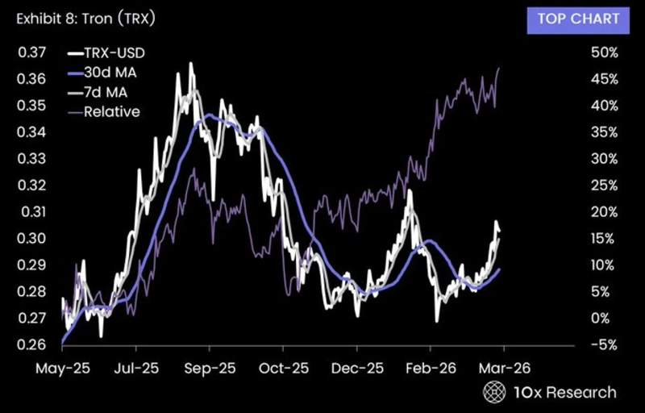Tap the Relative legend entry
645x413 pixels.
pyautogui.click(x=110, y=111)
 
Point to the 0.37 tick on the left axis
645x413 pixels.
pyautogui.click(x=30, y=53)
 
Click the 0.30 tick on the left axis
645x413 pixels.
pyautogui.click(x=30, y=239)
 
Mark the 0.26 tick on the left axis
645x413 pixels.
pyautogui.click(x=30, y=344)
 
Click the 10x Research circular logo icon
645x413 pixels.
pyautogui.click(x=493, y=392)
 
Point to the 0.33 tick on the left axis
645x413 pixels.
pyautogui.click(x=30, y=159)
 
